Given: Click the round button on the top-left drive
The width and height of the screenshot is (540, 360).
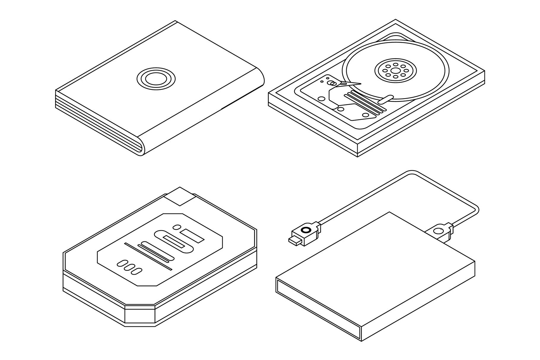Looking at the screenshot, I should pos(156,79).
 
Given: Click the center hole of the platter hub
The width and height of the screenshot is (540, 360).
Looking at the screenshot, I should pos(396,70).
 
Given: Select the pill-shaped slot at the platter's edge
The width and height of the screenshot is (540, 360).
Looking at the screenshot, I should pos(386,99).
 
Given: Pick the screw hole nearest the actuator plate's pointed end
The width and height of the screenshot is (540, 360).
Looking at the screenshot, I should pos(365,115).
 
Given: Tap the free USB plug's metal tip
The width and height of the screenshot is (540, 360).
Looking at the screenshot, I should pos(294,240).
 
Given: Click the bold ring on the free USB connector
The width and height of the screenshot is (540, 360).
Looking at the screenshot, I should pos(305,230).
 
